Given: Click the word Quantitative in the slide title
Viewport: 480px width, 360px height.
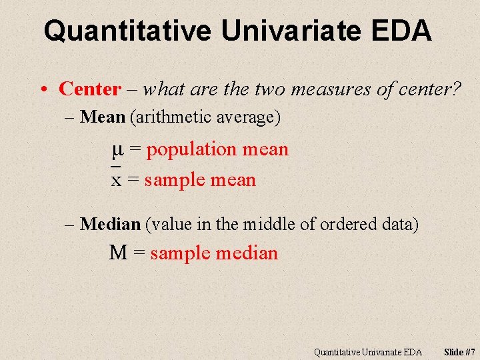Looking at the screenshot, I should [x=127, y=31].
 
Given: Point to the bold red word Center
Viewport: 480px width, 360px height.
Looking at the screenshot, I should [x=90, y=89].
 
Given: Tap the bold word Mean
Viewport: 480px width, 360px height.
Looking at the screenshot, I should [x=102, y=118].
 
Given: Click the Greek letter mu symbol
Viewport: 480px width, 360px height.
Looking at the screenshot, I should [x=117, y=150].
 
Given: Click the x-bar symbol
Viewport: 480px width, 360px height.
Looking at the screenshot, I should [x=116, y=179].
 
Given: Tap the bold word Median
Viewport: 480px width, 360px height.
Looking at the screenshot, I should [x=110, y=225].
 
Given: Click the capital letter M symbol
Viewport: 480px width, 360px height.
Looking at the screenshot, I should [x=118, y=253].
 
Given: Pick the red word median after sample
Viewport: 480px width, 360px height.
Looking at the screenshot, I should [x=248, y=253].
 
